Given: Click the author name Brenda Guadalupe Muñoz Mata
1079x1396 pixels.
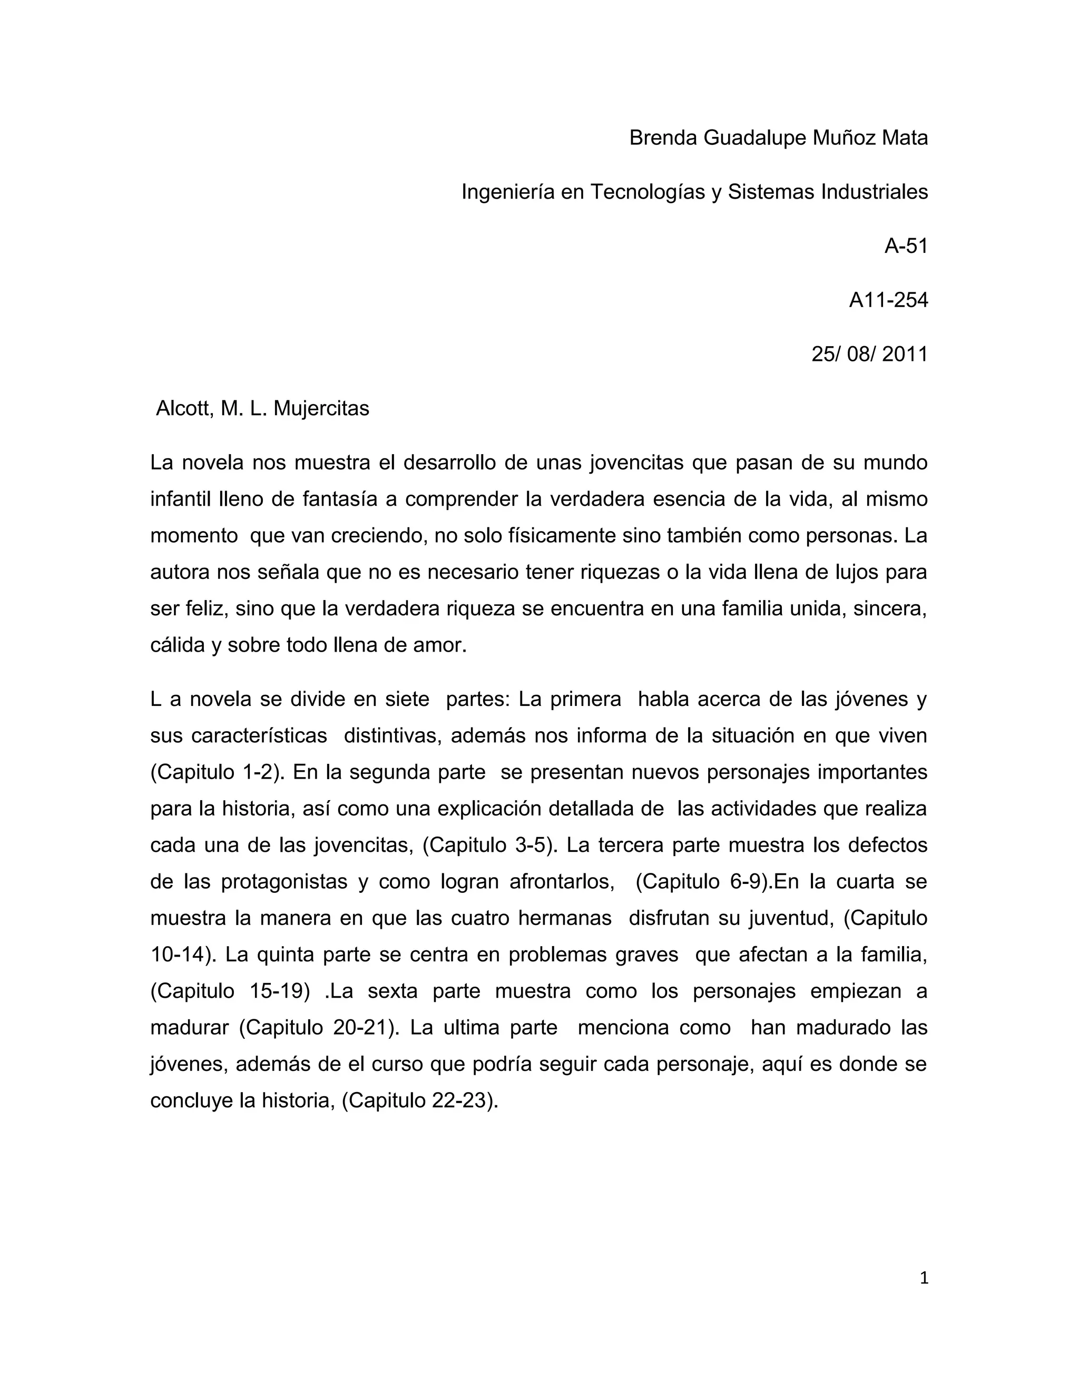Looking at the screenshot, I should [x=778, y=137].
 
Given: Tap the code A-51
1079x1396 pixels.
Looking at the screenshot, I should [x=906, y=245].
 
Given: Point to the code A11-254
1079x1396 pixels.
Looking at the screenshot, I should [x=888, y=300].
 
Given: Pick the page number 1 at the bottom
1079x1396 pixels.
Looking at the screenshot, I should [x=923, y=1278].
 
